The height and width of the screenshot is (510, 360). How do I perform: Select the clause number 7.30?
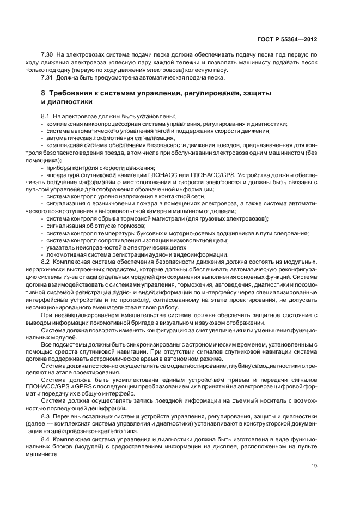[x=48, y=56]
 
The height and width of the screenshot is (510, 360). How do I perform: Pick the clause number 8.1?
[x=46, y=117]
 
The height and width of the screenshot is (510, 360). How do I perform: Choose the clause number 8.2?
[x=46, y=262]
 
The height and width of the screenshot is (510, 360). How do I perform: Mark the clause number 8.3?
[x=46, y=416]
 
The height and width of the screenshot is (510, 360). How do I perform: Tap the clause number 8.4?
[x=46, y=438]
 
